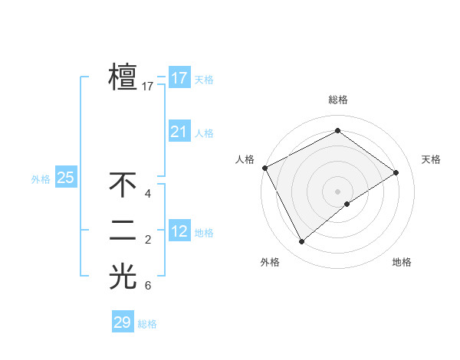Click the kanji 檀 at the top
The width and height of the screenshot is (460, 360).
[123, 78]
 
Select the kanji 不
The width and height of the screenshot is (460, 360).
[123, 185]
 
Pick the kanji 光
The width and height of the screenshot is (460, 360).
[123, 277]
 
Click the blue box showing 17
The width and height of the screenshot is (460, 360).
[179, 78]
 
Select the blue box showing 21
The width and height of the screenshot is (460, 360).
[179, 132]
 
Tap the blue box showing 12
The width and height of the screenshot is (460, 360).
[179, 231]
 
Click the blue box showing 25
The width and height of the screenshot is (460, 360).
[65, 178]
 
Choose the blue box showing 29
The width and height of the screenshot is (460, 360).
[122, 322]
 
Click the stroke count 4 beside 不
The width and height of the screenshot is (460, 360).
[148, 195]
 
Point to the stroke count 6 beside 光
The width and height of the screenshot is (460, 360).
[148, 286]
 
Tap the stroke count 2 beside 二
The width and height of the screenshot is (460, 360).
[148, 241]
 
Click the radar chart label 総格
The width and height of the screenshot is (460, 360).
[337, 100]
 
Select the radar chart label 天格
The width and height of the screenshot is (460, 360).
[431, 159]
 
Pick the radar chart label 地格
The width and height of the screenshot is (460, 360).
[402, 262]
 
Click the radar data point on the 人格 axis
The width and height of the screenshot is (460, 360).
[264, 168]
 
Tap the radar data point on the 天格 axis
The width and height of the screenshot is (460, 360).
[396, 172]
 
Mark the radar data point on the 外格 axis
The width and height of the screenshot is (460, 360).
[301, 242]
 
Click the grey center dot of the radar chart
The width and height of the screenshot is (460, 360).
[337, 191]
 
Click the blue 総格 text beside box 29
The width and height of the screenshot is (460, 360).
[147, 324]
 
